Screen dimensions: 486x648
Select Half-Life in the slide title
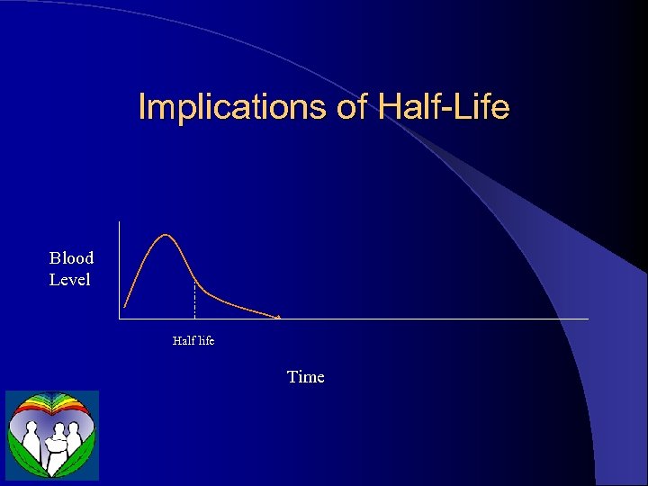point(444,107)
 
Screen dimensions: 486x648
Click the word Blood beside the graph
point(71,258)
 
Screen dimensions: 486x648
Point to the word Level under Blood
point(69,280)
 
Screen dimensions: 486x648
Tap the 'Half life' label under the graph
point(193,341)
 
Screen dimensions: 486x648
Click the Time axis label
point(305,377)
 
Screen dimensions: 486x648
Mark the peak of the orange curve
point(166,235)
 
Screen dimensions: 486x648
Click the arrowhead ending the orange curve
point(278,317)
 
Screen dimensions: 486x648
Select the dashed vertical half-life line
point(194,301)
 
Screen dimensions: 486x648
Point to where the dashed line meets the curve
point(194,281)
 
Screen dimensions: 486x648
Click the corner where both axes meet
point(119,319)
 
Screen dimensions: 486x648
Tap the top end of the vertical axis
point(119,221)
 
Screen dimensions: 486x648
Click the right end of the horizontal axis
point(588,319)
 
